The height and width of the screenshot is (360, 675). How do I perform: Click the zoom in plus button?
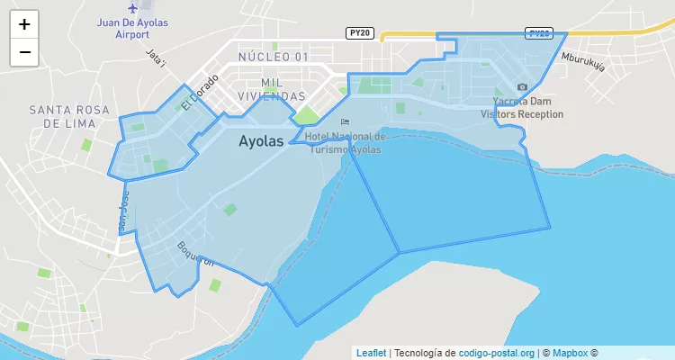[24, 24]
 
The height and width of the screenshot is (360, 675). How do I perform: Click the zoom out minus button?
[24, 52]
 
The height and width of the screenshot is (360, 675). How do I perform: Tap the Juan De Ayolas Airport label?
[133, 28]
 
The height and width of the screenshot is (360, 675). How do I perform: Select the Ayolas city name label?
[261, 141]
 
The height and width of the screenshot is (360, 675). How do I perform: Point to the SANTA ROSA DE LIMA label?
[69, 116]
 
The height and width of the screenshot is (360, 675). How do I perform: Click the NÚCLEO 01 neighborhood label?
[274, 57]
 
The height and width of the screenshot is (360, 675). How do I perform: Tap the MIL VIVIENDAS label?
[271, 88]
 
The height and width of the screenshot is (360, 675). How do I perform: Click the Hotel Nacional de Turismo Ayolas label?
[345, 142]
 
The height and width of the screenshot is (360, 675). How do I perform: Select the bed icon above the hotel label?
[345, 122]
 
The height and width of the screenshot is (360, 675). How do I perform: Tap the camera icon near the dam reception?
[522, 87]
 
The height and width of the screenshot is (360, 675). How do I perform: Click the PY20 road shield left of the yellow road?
[358, 33]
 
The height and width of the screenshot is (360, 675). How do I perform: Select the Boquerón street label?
[195, 254]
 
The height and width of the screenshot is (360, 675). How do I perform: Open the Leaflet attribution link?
[371, 353]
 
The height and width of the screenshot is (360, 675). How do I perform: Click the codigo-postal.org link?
[497, 353]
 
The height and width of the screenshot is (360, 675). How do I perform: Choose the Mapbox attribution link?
[570, 353]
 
